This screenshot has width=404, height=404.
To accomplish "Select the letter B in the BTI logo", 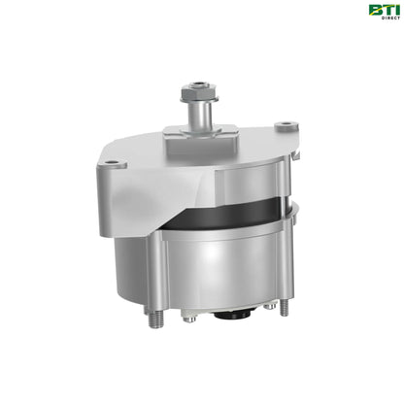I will coord(373,10).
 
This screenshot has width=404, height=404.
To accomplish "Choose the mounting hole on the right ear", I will coord(283,125).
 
